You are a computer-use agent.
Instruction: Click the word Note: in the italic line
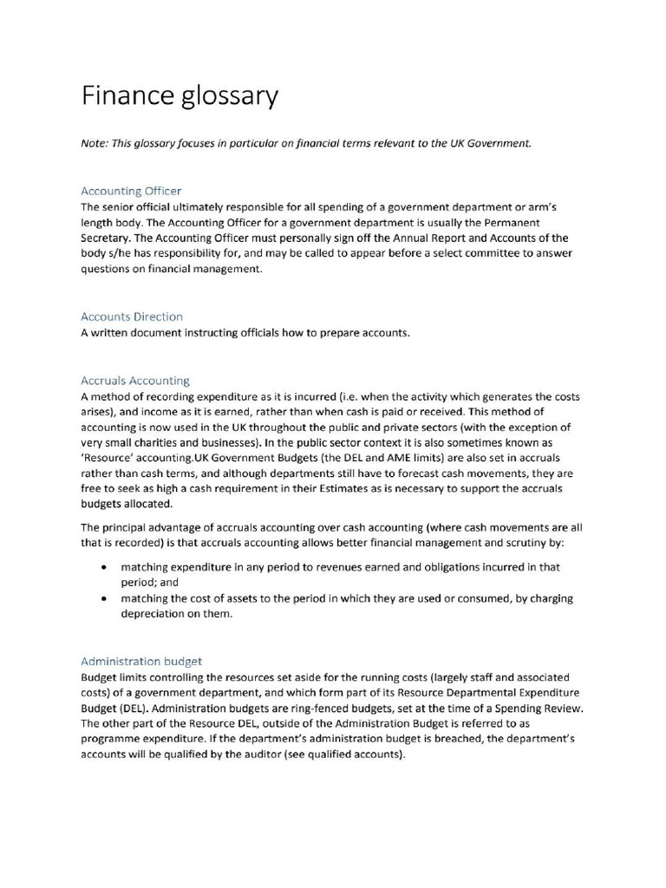[95, 143]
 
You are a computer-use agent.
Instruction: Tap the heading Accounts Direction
[132, 317]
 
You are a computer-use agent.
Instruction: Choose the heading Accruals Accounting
[134, 380]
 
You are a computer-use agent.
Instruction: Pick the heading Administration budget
[141, 660]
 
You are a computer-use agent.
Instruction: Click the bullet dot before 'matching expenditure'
[105, 566]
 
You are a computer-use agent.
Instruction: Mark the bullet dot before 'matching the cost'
[105, 598]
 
